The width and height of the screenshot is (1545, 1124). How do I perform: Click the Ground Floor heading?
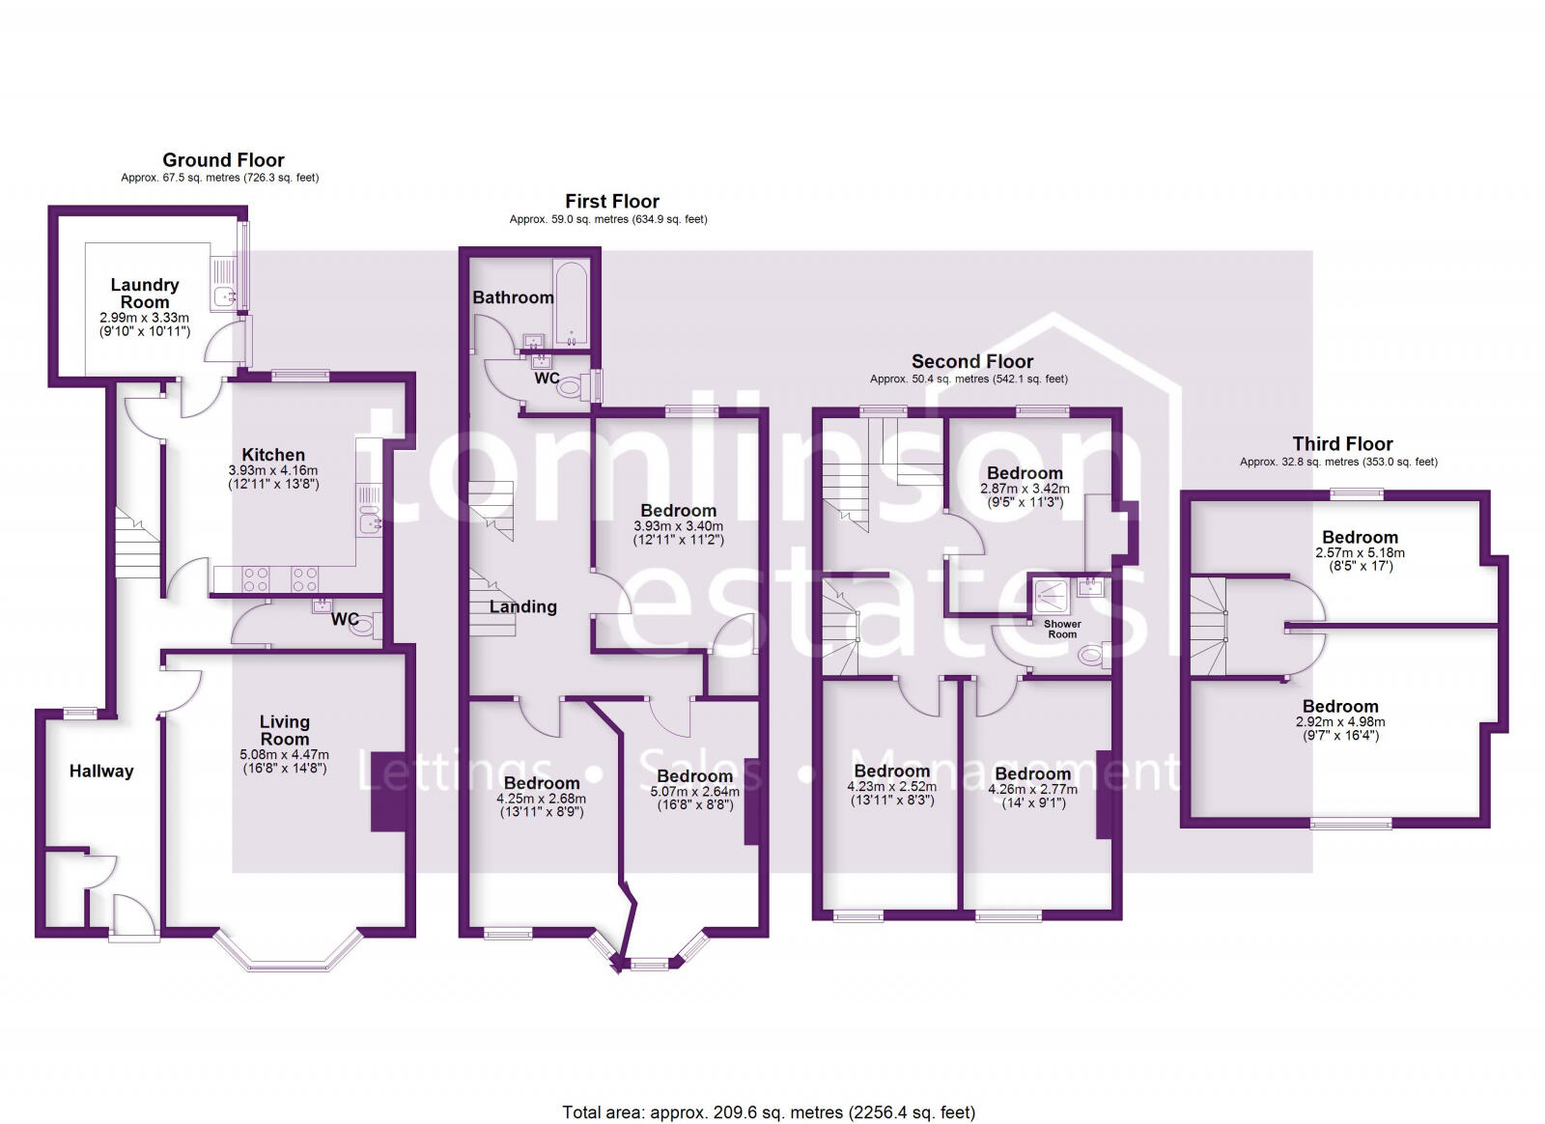223,160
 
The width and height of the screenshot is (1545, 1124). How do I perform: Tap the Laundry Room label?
144,293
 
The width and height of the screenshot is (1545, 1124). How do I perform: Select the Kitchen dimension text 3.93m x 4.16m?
273,471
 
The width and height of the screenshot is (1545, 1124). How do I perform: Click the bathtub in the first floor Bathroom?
572,303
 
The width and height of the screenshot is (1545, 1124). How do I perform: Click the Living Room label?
284,730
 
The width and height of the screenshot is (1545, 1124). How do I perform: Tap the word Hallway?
101,771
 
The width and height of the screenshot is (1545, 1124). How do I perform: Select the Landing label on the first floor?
522,606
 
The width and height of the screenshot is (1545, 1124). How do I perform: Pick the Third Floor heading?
1342,444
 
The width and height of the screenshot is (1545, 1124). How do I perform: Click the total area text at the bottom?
769,1112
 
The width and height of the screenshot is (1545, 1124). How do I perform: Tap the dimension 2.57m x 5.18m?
1360,553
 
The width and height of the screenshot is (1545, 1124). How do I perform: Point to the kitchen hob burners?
280,579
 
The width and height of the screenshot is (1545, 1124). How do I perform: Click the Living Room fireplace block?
389,791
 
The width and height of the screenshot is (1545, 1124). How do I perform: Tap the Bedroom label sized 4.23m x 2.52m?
891,771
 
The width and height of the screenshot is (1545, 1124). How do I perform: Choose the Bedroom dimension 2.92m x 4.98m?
1339,721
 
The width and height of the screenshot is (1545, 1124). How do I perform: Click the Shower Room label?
1062,629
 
